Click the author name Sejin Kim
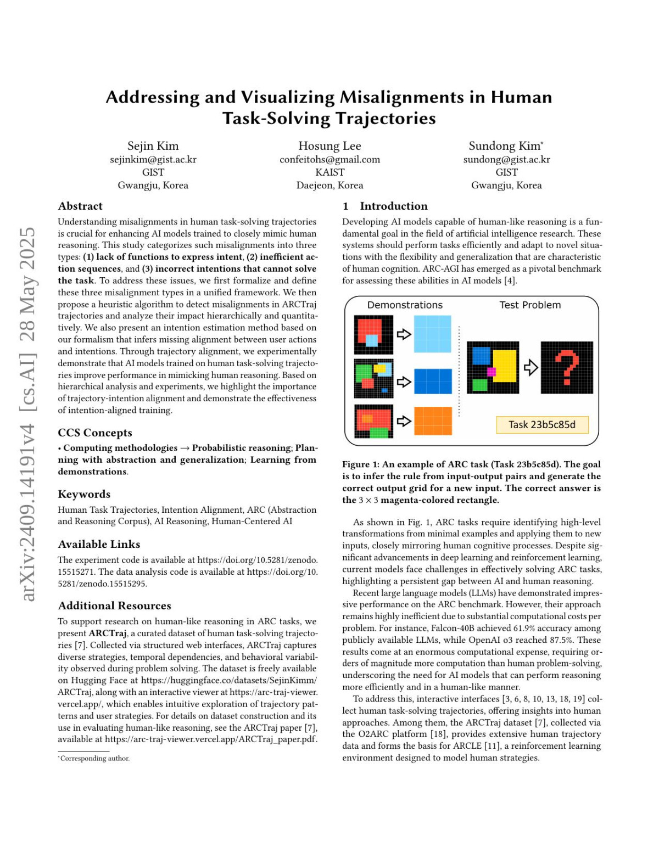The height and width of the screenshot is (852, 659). [153, 146]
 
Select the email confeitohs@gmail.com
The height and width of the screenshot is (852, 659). [329, 159]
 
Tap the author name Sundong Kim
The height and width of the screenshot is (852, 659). [505, 146]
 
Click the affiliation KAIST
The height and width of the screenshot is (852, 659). [329, 172]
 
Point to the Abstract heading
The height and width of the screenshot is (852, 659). [80, 206]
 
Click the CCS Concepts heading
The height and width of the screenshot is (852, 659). [95, 433]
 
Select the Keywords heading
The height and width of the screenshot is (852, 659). [84, 495]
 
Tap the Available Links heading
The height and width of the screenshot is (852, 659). [99, 545]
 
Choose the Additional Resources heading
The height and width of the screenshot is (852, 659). [114, 606]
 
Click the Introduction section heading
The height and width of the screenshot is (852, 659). [393, 206]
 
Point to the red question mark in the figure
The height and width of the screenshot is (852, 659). [567, 368]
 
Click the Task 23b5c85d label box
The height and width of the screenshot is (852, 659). [541, 425]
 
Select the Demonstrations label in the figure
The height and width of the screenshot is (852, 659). [405, 305]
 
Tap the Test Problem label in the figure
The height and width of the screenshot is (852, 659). [530, 305]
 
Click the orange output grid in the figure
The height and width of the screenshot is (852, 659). [433, 421]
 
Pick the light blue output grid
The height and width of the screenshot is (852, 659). [433, 334]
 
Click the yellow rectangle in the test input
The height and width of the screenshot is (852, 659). [505, 365]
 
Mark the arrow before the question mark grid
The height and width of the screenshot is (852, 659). [530, 368]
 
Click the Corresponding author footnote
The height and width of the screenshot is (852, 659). [94, 759]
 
